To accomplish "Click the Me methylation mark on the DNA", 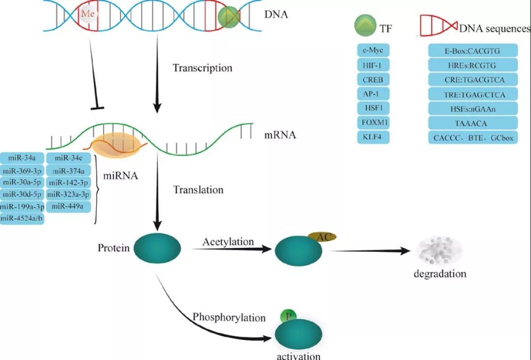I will pyautogui.click(x=89, y=14).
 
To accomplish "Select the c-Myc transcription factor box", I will pyautogui.click(x=373, y=50).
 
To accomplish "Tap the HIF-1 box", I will pyautogui.click(x=373, y=65).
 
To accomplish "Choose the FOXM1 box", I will pyautogui.click(x=373, y=122).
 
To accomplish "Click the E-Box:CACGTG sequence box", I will pyautogui.click(x=473, y=50).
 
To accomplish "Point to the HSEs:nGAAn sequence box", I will pyautogui.click(x=473, y=108).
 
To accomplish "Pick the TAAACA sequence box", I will pyautogui.click(x=473, y=123).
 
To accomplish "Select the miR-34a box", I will pyautogui.click(x=23, y=158).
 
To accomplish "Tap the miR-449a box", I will pyautogui.click(x=69, y=206).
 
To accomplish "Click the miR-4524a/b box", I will pyautogui.click(x=23, y=218).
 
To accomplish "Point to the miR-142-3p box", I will pyautogui.click(x=69, y=182).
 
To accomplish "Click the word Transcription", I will pyautogui.click(x=202, y=68).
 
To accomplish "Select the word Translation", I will pyautogui.click(x=198, y=190).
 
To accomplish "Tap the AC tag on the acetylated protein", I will pyautogui.click(x=323, y=237).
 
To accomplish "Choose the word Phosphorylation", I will pyautogui.click(x=229, y=317).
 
